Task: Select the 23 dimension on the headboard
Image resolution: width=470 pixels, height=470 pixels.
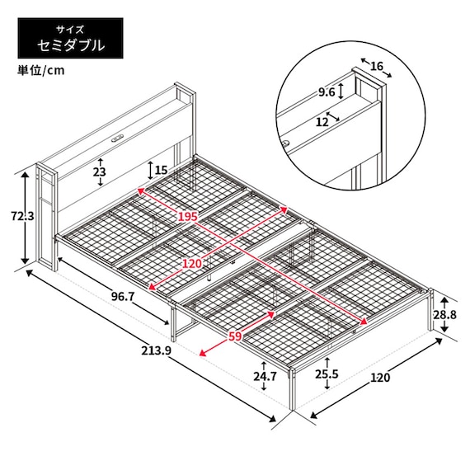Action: (x=100, y=173)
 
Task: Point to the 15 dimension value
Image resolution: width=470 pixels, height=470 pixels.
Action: (x=161, y=171)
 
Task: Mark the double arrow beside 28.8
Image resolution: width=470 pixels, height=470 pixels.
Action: (x=444, y=314)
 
